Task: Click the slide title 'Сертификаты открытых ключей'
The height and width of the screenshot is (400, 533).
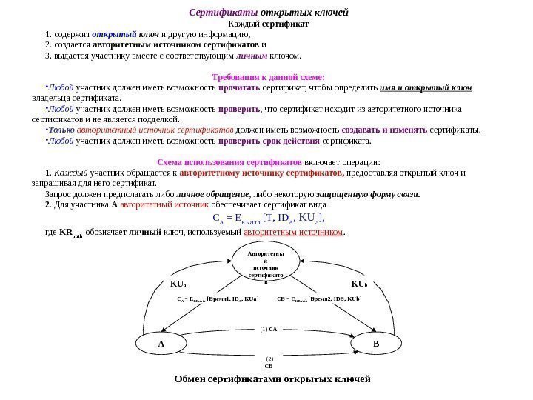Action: click(269, 13)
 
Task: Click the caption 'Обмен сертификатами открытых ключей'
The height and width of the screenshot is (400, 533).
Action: click(271, 379)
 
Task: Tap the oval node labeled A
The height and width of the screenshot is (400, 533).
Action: click(161, 344)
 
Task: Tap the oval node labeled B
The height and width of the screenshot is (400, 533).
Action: click(376, 344)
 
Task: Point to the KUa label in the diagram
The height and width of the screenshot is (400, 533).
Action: click(179, 284)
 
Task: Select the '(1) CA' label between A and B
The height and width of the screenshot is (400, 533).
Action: click(268, 327)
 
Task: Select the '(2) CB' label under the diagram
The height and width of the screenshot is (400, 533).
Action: click(269, 361)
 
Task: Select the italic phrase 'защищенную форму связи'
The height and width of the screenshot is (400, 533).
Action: click(377, 194)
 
